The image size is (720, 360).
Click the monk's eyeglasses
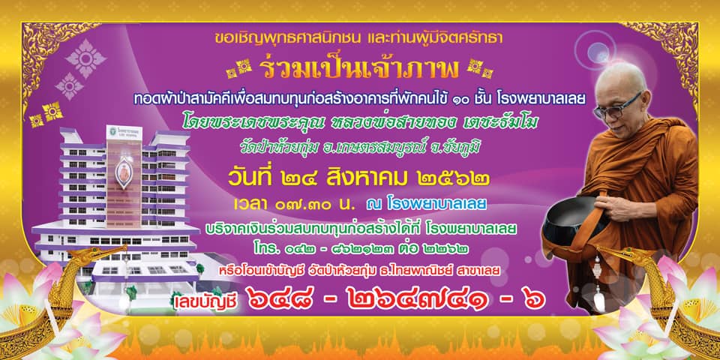click(618, 107)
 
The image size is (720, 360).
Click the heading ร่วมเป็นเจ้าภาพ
click(358, 69)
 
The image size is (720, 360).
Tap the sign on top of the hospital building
click(124, 133)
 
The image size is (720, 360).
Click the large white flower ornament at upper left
click(85, 58)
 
